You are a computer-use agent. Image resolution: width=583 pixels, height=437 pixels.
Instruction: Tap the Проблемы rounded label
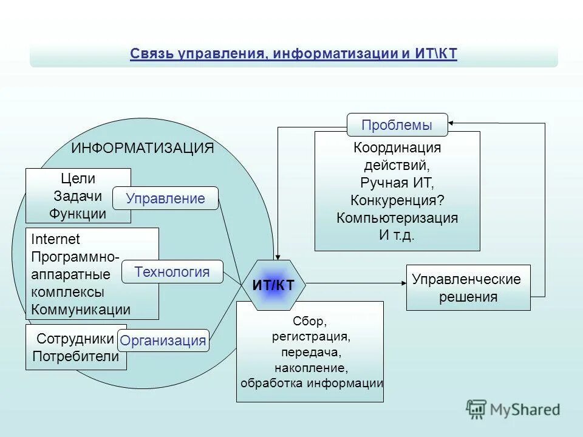coord(397,125)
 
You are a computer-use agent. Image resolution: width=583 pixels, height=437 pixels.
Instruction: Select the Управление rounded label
coord(165,198)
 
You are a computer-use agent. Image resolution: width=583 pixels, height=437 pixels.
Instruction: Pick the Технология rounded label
coord(172,272)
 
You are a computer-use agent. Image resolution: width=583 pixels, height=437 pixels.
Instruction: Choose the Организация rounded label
coord(163,340)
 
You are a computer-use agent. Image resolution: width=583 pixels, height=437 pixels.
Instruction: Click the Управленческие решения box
coord(468,288)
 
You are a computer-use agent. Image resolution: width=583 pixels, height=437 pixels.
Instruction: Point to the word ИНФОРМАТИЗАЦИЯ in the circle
coord(142,148)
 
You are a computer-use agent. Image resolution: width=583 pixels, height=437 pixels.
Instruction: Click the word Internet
coord(55,239)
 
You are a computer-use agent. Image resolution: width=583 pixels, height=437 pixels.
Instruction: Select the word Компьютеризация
coord(397,218)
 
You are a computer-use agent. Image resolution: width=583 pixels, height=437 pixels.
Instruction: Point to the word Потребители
coord(75,356)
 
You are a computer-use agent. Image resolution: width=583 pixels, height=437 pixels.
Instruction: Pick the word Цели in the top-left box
coord(78,178)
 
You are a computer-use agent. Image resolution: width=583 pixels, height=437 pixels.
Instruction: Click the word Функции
coord(78,214)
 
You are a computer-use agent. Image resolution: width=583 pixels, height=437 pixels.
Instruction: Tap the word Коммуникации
coord(81,310)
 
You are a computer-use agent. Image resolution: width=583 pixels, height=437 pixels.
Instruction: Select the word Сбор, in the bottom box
coord(310,320)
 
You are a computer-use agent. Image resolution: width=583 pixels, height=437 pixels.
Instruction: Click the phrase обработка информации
coord(312,383)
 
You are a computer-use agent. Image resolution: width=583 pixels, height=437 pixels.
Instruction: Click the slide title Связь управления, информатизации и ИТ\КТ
coord(293,54)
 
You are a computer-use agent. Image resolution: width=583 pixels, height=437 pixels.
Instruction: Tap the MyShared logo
coord(514,409)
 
